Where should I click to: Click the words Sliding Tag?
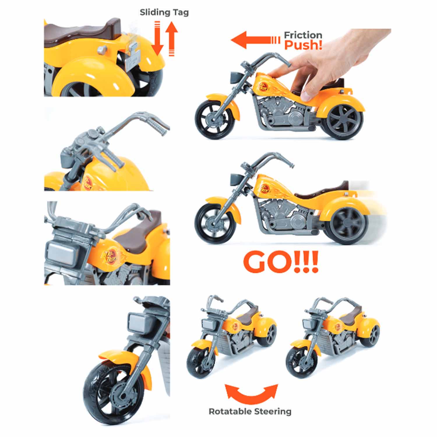164,13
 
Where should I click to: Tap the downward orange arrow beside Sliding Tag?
158,38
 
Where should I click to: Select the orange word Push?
303,45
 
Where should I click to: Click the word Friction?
303,35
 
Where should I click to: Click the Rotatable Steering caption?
250,411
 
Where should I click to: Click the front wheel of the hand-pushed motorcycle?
215,119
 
